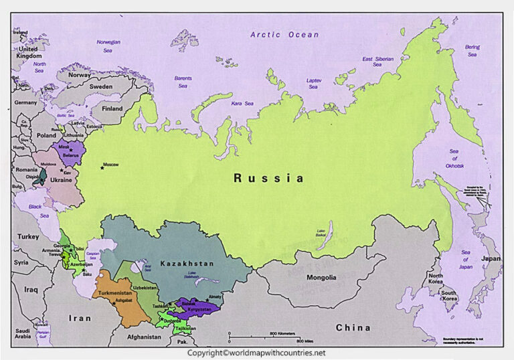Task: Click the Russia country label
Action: pos(268,178)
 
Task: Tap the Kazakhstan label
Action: pos(187,264)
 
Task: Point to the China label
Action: pos(352,327)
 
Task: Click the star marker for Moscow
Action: pos(102,167)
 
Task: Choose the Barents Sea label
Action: pos(183,82)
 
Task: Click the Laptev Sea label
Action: pos(314,84)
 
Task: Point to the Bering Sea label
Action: pos(473,50)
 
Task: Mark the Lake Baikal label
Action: pos(316,234)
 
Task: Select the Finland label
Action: pos(112,108)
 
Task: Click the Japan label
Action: pos(491,258)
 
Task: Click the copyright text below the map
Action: pos(256,353)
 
